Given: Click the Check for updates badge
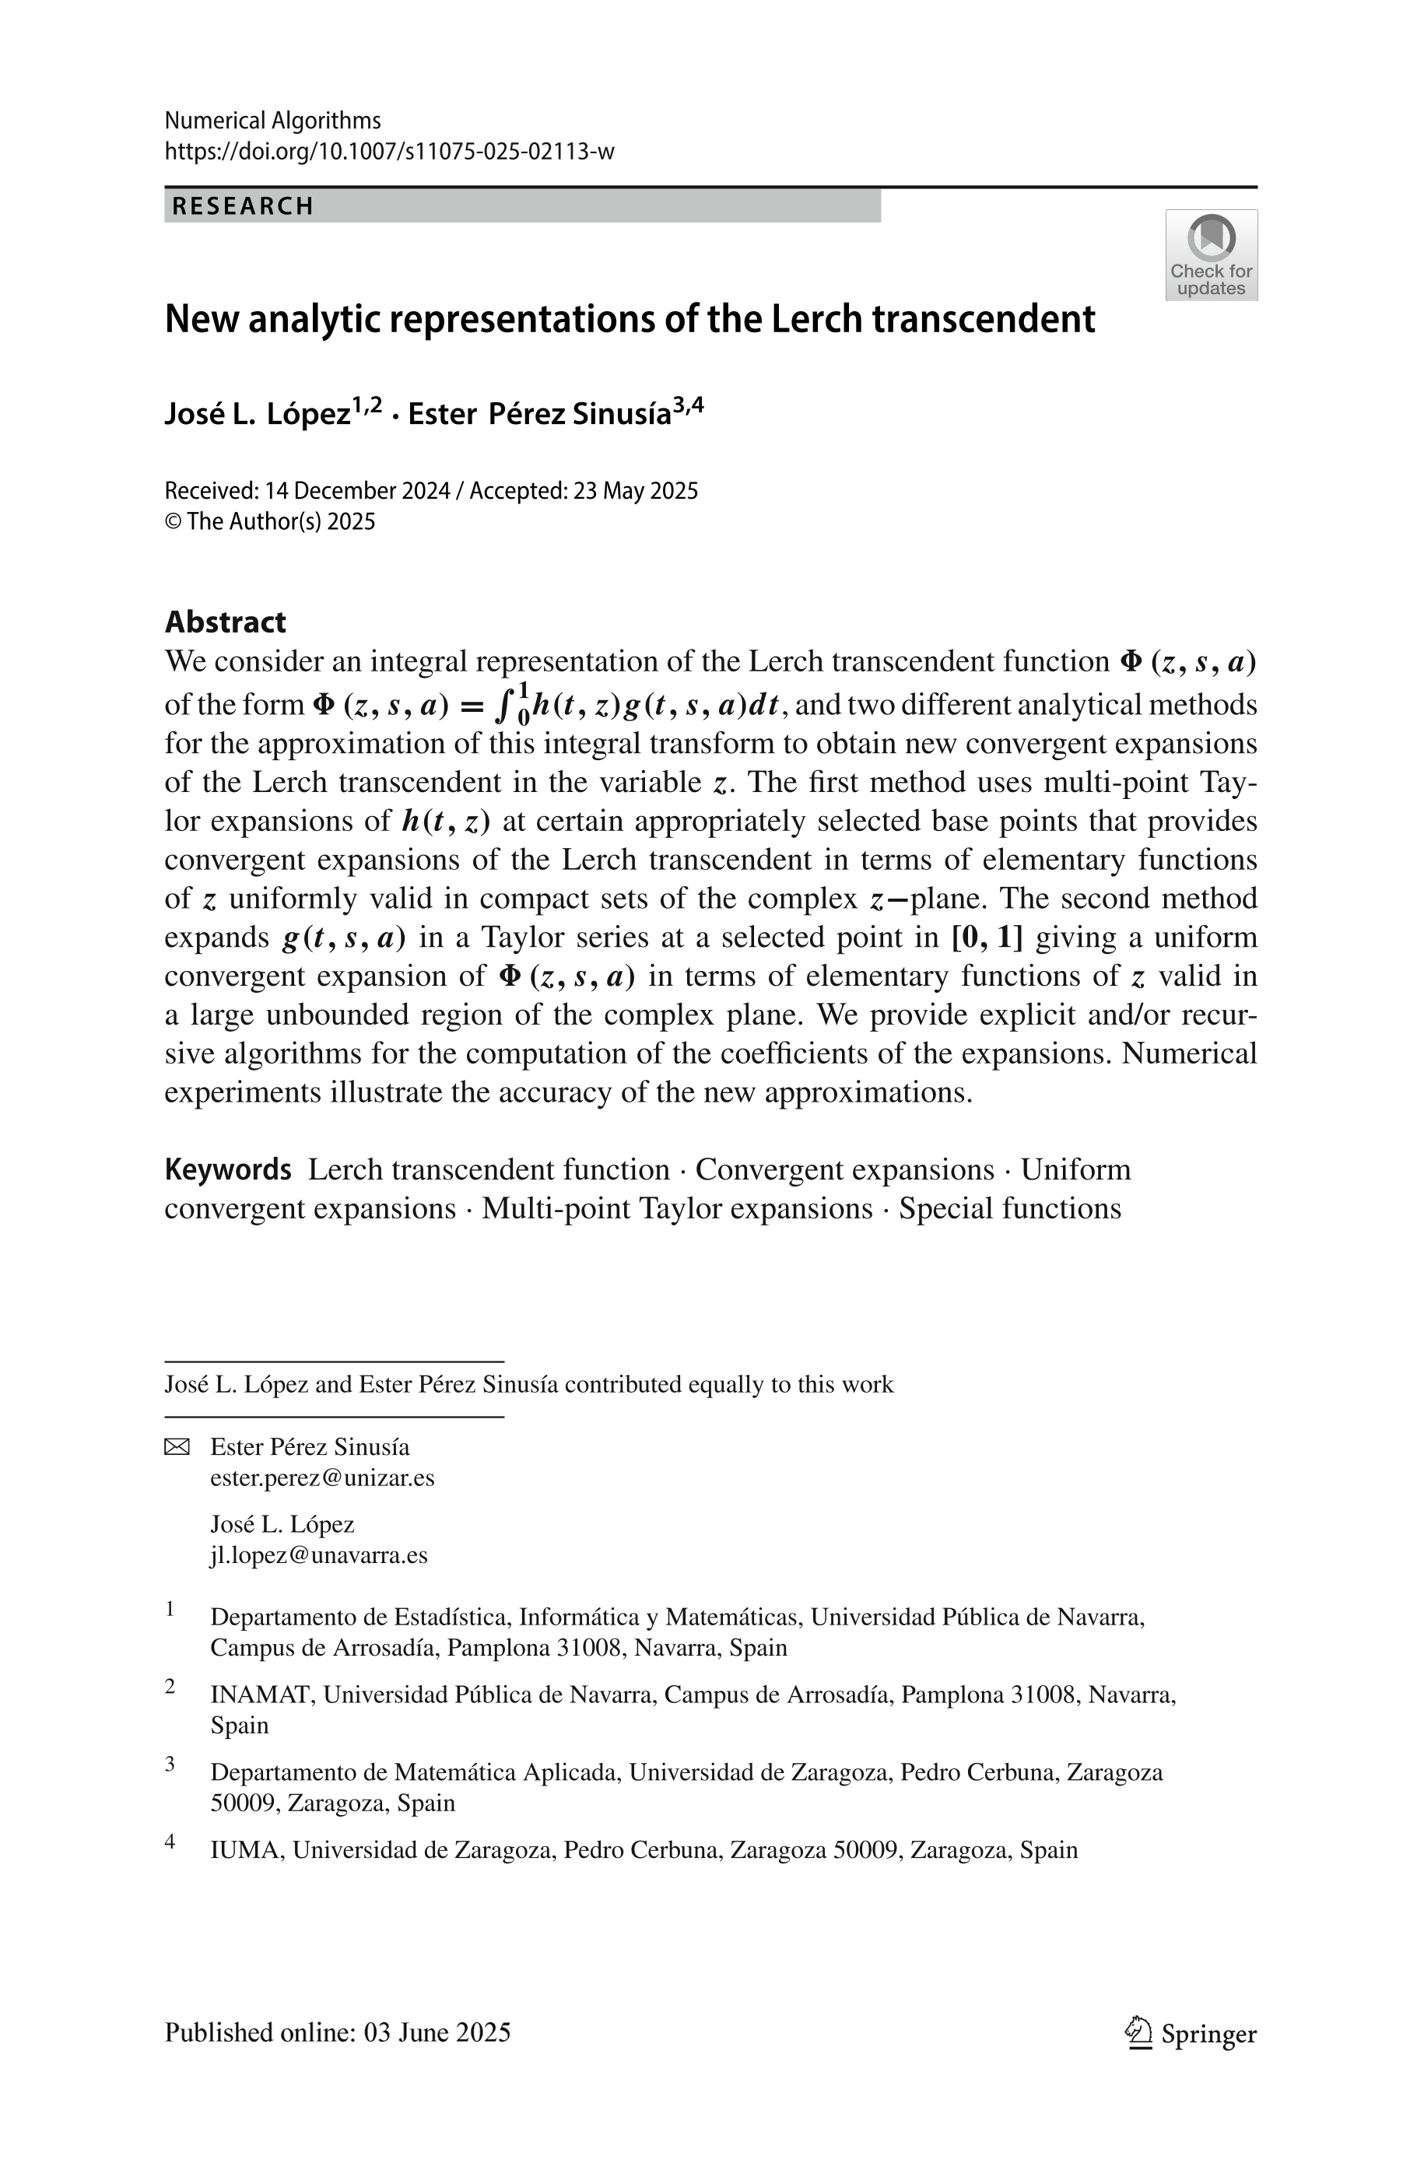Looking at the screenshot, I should click(x=1211, y=255).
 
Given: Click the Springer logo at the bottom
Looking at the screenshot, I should click(x=1191, y=2034).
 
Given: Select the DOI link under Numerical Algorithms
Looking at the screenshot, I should click(x=390, y=152).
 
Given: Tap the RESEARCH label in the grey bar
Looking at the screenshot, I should click(x=243, y=206).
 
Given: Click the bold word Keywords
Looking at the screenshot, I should click(x=227, y=1169).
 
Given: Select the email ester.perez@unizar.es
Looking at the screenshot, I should click(x=321, y=1477).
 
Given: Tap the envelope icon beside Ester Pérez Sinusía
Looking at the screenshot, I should click(x=177, y=1447).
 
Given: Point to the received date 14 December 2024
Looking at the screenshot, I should click(x=358, y=491).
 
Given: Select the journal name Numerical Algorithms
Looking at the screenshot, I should click(x=272, y=121).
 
